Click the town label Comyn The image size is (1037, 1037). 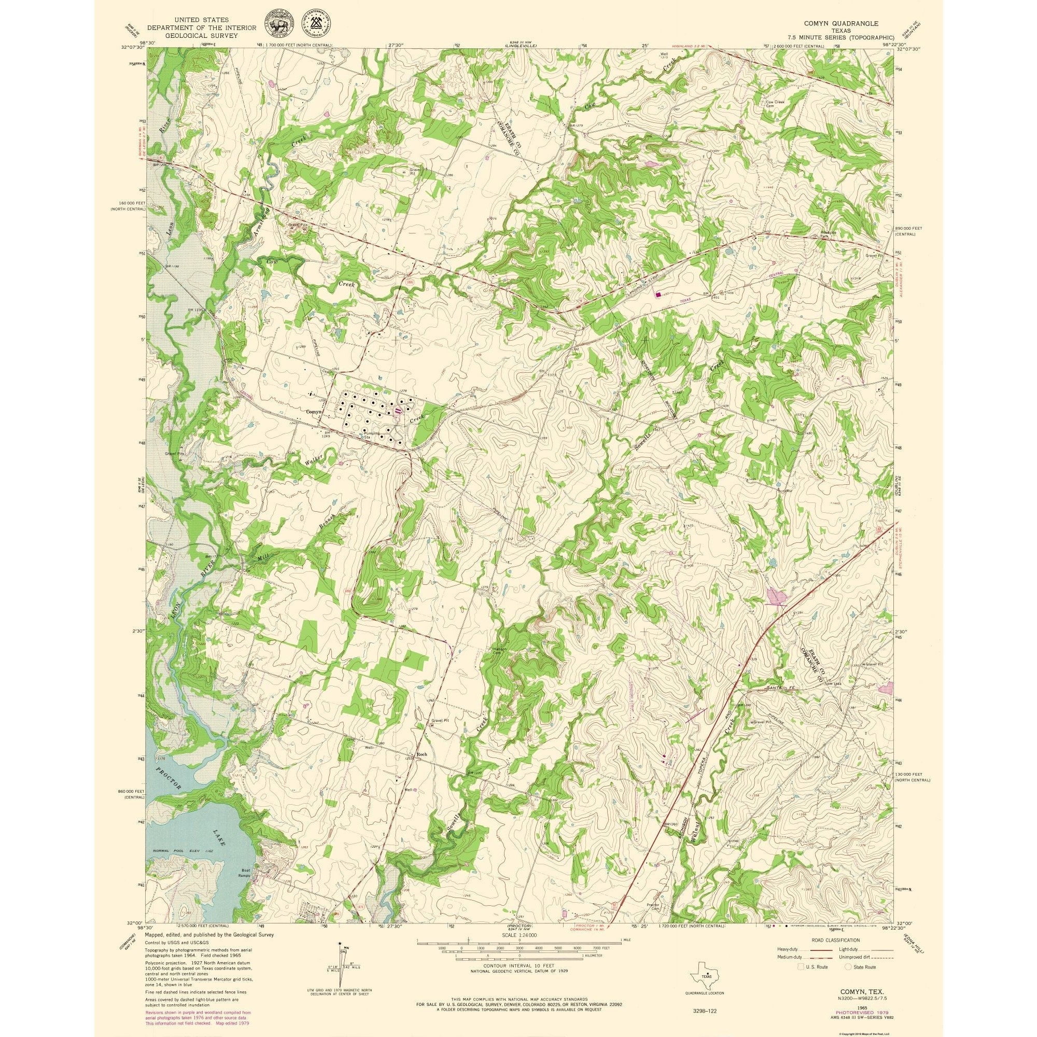point(313,412)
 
